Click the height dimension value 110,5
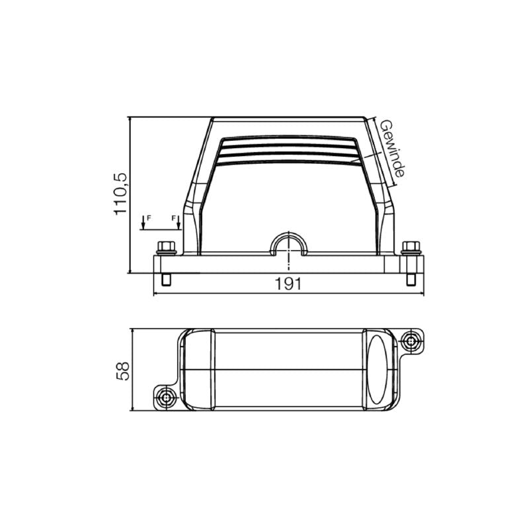(x=120, y=195)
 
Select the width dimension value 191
(x=288, y=284)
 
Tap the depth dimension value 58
(x=122, y=370)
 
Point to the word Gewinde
(x=391, y=148)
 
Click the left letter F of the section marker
(x=148, y=218)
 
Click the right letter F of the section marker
(x=174, y=218)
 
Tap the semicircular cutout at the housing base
(x=288, y=245)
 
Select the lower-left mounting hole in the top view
(x=164, y=397)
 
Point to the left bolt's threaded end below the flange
(x=165, y=280)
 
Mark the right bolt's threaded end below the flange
(x=411, y=280)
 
